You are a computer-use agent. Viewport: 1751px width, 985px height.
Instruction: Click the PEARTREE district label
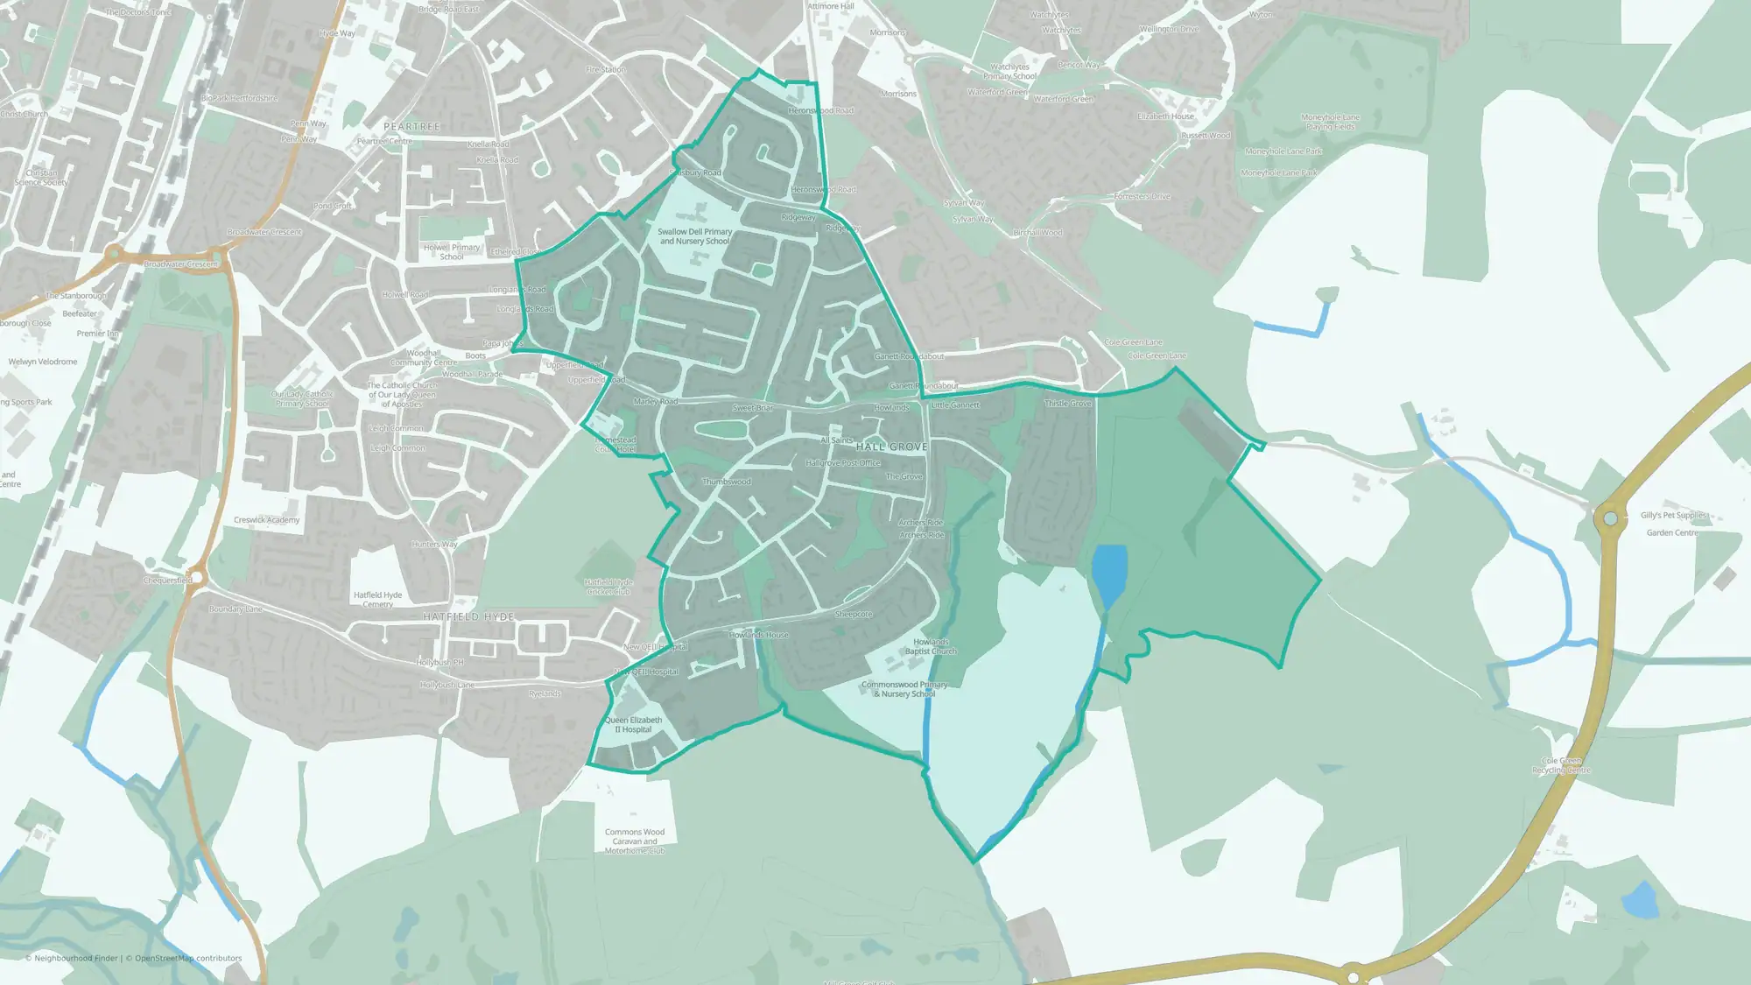(411, 127)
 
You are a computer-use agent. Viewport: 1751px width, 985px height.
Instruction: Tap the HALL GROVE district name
(891, 447)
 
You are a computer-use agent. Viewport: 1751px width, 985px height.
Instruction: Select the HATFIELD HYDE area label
(468, 616)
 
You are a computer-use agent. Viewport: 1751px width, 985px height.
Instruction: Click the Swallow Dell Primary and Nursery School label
(695, 236)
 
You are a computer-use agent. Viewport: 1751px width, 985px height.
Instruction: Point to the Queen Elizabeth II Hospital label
(633, 725)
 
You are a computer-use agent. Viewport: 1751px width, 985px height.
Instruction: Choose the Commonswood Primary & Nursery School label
(904, 689)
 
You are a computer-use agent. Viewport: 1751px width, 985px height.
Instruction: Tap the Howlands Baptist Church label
(931, 647)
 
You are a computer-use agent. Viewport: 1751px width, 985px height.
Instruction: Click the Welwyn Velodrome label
(43, 362)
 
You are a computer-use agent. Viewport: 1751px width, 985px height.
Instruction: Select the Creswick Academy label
(266, 520)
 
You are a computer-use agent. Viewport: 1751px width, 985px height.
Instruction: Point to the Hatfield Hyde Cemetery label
(377, 600)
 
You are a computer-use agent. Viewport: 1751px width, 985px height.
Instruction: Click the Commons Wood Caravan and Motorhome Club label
(635, 841)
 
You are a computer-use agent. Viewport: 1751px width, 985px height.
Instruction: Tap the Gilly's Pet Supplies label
(1673, 516)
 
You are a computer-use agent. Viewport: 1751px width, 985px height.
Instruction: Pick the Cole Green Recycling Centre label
(1561, 766)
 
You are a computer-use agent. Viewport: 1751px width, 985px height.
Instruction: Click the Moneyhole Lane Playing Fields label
(1330, 122)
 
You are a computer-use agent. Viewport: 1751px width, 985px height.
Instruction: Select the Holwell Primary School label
(452, 252)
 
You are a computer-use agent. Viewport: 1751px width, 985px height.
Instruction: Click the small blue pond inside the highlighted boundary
(1109, 573)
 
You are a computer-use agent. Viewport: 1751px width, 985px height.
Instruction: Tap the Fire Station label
(606, 69)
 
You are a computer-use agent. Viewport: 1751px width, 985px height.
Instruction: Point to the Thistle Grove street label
(1068, 404)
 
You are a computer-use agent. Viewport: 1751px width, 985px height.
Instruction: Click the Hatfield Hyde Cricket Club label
(608, 587)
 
